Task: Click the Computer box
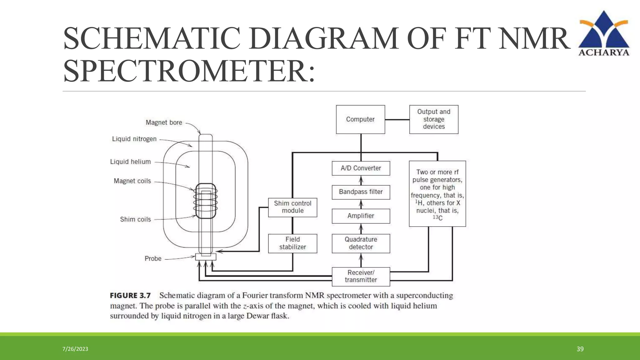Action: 360,119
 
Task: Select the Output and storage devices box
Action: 434,119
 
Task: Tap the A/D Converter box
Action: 361,168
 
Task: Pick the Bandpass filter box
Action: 361,192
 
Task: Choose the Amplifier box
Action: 361,216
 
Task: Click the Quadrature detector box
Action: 361,243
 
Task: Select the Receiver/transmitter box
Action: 361,276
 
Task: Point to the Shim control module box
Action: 292,207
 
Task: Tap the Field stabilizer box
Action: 292,243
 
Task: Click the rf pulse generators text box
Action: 437,194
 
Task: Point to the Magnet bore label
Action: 164,122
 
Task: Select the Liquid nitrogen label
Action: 134,139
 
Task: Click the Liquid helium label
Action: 130,162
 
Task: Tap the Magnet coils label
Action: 132,181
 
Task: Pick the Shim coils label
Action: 135,219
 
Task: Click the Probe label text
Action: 153,259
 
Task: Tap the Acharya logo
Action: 604,33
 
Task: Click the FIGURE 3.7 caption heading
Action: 130,296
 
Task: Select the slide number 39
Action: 580,349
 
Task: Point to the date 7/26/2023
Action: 75,349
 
